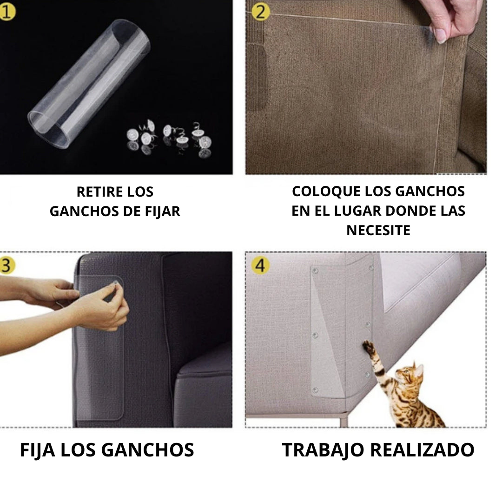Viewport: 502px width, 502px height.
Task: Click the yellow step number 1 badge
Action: click(7, 12)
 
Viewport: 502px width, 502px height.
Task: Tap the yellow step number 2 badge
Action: click(261, 12)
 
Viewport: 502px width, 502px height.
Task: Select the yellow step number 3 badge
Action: click(7, 265)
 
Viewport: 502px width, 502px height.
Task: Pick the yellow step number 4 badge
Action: click(260, 265)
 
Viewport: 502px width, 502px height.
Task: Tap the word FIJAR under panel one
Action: click(163, 211)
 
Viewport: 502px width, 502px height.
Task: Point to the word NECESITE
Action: click(378, 231)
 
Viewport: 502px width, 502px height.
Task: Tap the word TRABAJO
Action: click(323, 450)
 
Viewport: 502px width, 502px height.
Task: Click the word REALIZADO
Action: click(422, 450)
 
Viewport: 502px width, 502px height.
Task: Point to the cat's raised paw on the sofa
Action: click(369, 347)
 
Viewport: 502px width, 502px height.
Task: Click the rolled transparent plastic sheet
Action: click(89, 84)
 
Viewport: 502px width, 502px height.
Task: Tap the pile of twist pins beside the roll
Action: click(169, 139)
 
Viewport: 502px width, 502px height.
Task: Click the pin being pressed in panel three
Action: click(115, 283)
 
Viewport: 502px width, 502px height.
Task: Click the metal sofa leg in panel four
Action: click(343, 422)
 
